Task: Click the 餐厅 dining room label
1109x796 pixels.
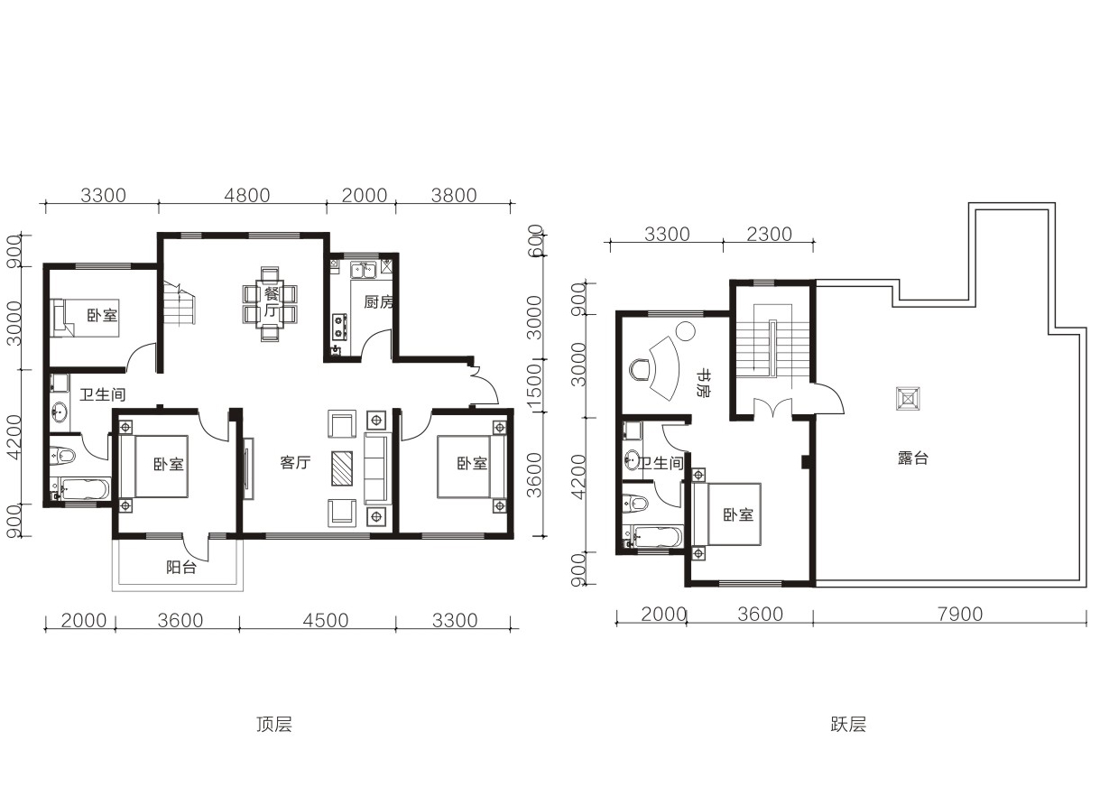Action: [272, 301]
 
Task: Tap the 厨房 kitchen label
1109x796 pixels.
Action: [379, 302]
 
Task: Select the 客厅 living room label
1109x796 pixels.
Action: [295, 462]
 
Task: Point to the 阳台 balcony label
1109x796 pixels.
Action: [181, 568]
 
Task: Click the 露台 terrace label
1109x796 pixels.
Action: [913, 458]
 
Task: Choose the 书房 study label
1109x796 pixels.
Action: [703, 382]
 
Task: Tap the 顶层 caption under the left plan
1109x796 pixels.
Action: [274, 724]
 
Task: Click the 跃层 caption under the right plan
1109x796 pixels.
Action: [848, 724]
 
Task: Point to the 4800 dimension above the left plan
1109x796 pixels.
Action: [247, 196]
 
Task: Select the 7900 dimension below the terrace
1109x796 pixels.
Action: [960, 615]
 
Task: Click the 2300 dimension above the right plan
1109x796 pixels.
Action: [770, 234]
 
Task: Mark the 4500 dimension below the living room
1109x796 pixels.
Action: [326, 620]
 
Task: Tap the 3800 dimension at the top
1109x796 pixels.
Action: [454, 196]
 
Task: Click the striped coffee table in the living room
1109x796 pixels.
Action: [342, 468]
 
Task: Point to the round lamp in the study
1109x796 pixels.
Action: [686, 330]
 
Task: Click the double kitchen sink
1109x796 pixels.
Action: [364, 271]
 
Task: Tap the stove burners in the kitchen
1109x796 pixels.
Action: [339, 327]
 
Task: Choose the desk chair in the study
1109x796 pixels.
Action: [639, 369]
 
